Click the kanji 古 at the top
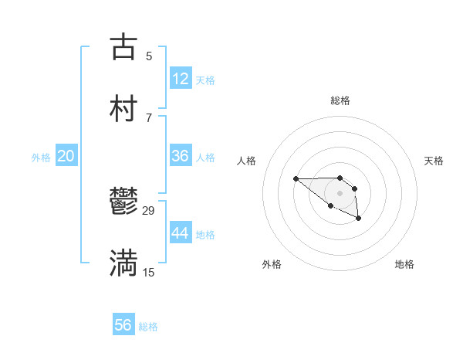pyautogui.click(x=123, y=46)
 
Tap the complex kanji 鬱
pyautogui.click(x=123, y=203)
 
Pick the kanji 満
pyautogui.click(x=123, y=263)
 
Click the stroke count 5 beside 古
pyautogui.click(x=149, y=56)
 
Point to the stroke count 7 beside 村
pyautogui.click(x=149, y=117)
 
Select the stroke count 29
pyautogui.click(x=149, y=211)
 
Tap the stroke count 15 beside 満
pyautogui.click(x=149, y=272)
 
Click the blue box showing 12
pyautogui.click(x=181, y=78)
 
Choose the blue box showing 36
pyautogui.click(x=181, y=155)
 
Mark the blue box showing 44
pyautogui.click(x=181, y=232)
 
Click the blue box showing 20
pyautogui.click(x=66, y=156)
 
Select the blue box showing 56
pyautogui.click(x=123, y=325)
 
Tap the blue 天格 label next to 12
pyautogui.click(x=205, y=80)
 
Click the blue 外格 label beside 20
pyautogui.click(x=41, y=158)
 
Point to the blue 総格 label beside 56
pyautogui.click(x=148, y=327)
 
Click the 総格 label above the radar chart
pyautogui.click(x=340, y=100)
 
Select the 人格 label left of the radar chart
pyautogui.click(x=247, y=161)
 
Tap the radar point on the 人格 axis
pyautogui.click(x=296, y=179)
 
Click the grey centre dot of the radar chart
pyautogui.click(x=340, y=192)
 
